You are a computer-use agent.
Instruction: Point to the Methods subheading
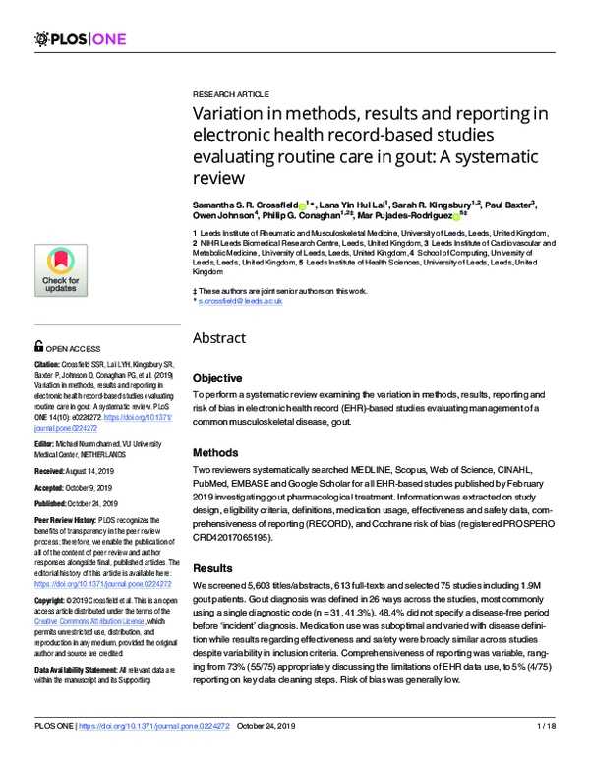tap(215, 453)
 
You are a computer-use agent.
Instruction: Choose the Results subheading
tap(212, 568)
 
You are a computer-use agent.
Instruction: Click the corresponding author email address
tap(241, 301)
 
